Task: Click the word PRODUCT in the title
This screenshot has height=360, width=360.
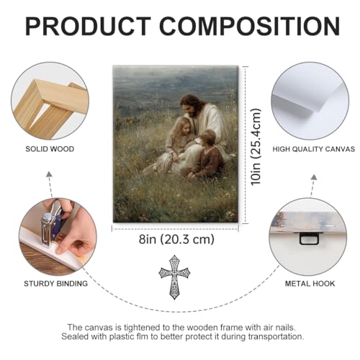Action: [x=88, y=26]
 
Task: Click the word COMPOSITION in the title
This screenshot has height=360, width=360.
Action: [x=250, y=26]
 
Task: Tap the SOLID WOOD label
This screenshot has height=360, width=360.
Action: [x=50, y=149]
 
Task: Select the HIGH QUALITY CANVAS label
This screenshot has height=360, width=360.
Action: [x=313, y=149]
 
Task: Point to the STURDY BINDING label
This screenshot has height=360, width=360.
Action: [x=55, y=284]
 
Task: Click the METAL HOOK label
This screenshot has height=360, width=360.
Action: [x=310, y=284]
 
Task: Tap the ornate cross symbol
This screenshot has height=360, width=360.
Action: [x=174, y=277]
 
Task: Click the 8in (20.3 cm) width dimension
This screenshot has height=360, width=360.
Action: [x=176, y=239]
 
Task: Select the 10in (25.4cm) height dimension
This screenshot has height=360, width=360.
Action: [x=256, y=147]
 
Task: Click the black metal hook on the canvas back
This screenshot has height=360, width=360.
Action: [x=309, y=238]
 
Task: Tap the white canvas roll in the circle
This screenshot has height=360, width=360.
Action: [x=310, y=101]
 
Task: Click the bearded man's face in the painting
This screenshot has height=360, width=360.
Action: [x=190, y=107]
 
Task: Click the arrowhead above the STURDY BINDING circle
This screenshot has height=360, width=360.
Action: [x=49, y=174]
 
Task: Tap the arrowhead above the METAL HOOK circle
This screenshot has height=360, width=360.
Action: [x=314, y=177]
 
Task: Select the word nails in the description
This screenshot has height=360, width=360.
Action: [x=284, y=328]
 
